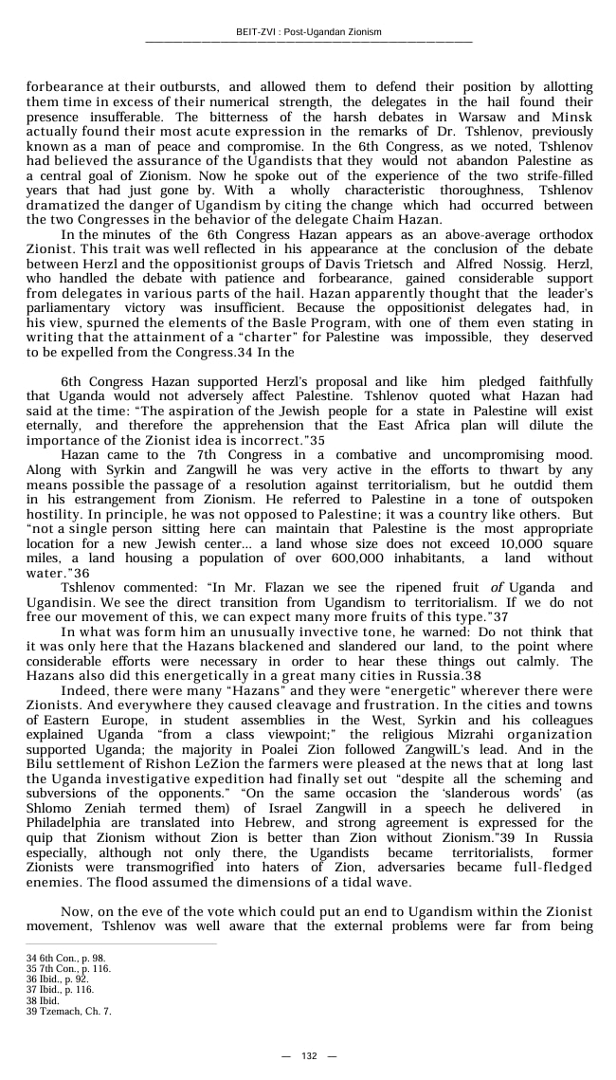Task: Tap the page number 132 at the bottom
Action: click(x=309, y=1056)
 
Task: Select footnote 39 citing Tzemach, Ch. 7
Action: click(x=69, y=1011)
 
